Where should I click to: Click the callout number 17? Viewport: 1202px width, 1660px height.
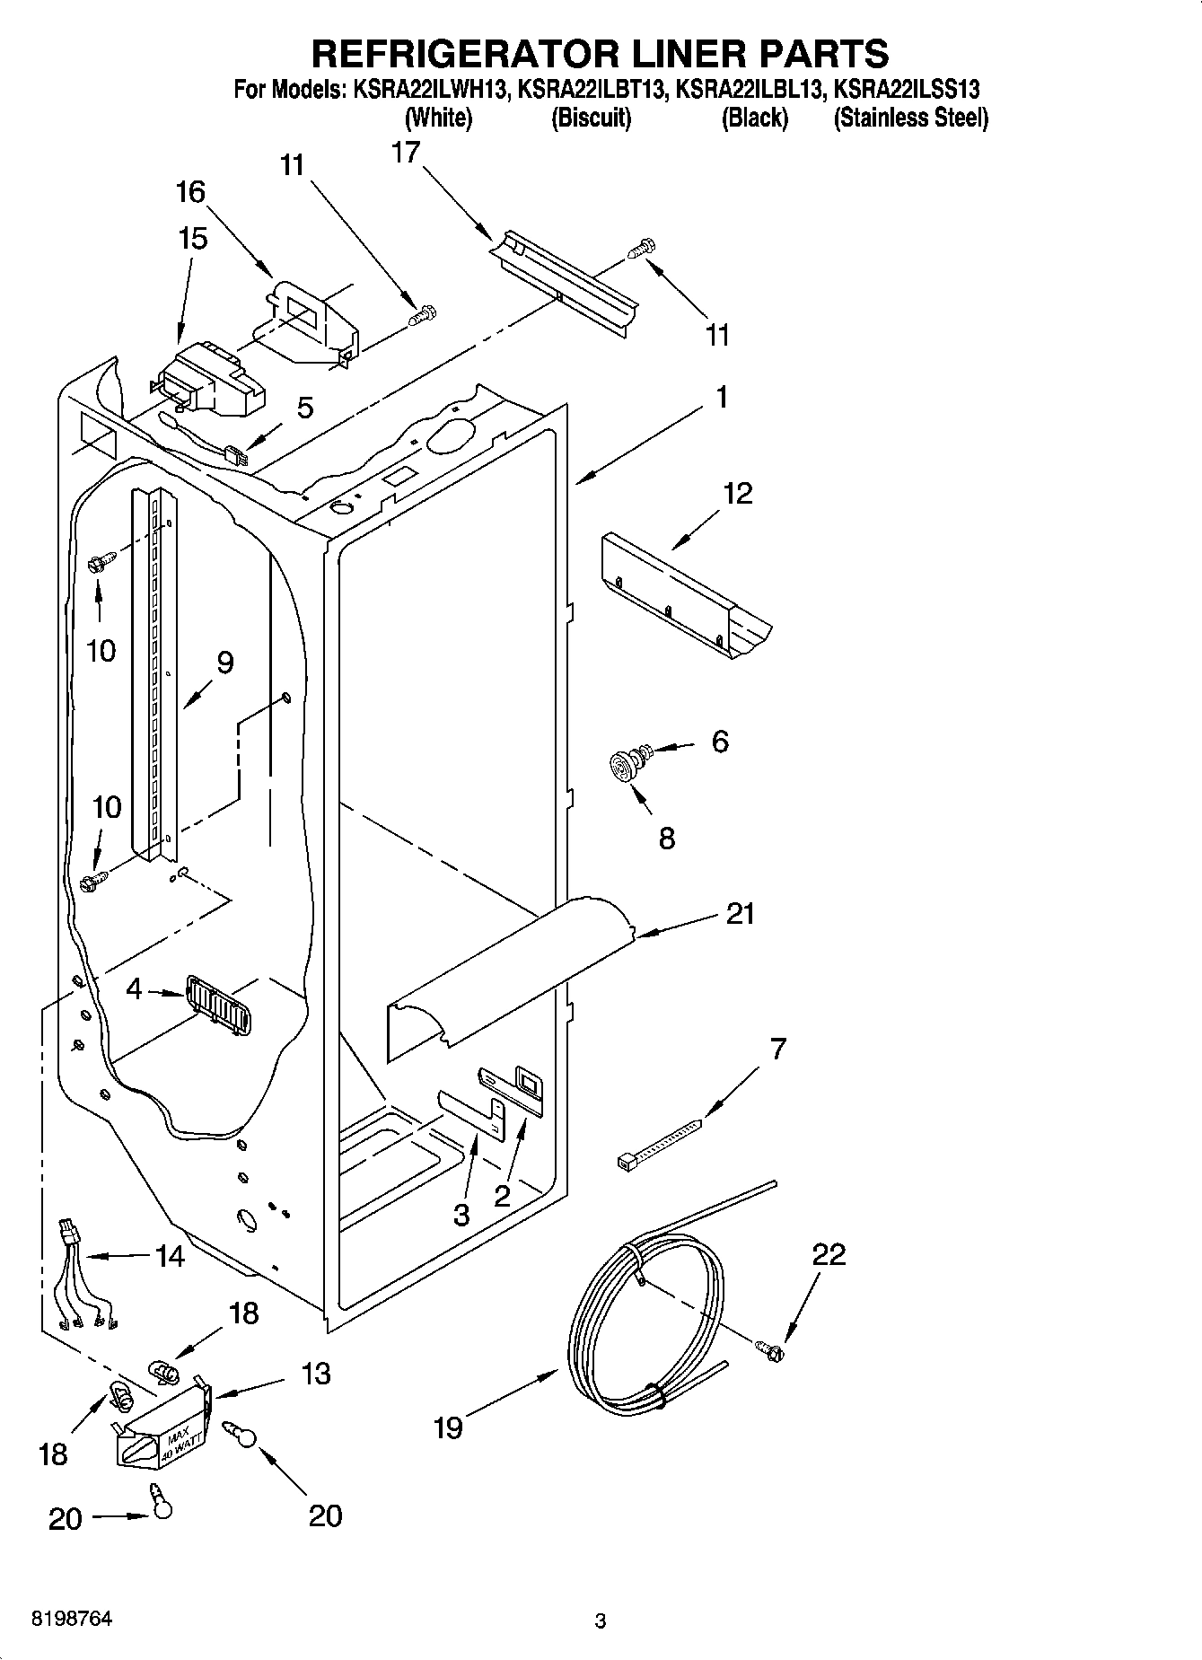coord(406,154)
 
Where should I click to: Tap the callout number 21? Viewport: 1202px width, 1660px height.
coord(740,914)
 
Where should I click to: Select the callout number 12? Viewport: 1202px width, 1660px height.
coord(738,493)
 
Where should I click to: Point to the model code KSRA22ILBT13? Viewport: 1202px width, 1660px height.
coord(592,90)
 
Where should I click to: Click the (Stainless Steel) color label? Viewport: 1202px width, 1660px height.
coord(910,119)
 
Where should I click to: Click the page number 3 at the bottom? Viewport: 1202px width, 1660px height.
coord(601,1621)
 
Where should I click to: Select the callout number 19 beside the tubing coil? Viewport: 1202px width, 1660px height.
coord(447,1427)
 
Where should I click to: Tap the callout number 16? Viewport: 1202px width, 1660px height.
coord(190,191)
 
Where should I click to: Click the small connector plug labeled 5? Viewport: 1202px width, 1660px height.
coord(236,455)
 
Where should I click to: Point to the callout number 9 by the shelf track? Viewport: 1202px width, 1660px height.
coord(224,663)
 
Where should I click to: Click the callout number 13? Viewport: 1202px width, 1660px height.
coord(316,1374)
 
